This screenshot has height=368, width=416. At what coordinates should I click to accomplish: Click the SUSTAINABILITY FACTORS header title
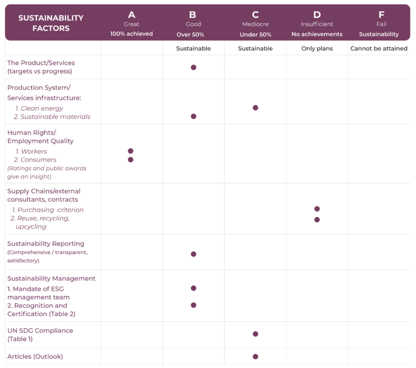point(51,23)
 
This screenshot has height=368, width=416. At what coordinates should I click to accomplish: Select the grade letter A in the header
point(132,15)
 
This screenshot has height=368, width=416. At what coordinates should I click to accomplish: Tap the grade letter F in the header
point(381,15)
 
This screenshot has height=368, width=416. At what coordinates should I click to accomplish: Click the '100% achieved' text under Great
point(132,34)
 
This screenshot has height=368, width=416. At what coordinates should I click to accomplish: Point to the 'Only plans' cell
point(317,48)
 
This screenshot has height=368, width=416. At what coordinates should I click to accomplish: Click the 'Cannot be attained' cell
point(379,48)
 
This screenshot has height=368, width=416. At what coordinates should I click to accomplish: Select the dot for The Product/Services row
point(193,67)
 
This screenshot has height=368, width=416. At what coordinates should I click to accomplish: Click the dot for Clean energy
point(255,108)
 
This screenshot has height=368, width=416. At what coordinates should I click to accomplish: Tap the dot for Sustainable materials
point(193,117)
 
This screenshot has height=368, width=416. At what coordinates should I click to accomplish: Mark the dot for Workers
point(131,151)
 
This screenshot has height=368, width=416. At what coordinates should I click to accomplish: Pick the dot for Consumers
point(131,160)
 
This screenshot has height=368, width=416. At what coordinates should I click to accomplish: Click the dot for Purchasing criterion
point(317,209)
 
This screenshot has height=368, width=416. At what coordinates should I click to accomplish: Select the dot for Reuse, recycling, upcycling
point(317,219)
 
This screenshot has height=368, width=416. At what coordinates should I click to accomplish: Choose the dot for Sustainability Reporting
point(193,254)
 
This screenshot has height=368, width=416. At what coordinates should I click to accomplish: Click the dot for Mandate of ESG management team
point(193,288)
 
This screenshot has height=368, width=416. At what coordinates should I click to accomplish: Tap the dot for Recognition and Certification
point(193,305)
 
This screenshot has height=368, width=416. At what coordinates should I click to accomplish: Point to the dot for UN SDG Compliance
point(255,334)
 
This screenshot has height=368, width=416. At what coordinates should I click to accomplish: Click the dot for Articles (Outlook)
point(255,357)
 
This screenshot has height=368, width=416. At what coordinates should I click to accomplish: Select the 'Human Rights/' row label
point(31,132)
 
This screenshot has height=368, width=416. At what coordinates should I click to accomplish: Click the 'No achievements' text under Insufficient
point(317,34)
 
